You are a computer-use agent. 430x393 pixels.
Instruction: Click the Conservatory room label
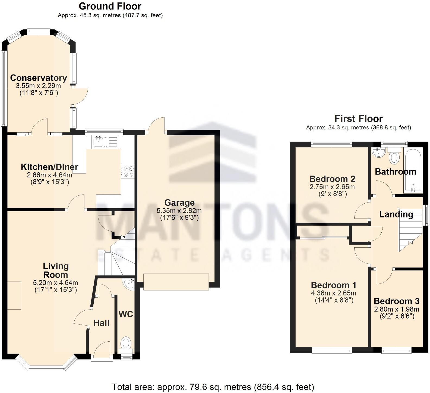point(39,78)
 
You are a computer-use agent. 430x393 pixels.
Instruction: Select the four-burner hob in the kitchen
point(128,172)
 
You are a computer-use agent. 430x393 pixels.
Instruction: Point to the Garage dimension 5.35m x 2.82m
point(179,211)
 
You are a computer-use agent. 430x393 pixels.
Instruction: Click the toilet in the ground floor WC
point(126,343)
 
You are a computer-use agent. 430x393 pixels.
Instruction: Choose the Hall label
point(101,323)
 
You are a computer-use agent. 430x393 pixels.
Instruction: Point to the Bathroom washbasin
point(378,152)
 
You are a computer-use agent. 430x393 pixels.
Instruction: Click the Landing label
point(396,214)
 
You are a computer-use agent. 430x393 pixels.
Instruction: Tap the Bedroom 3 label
point(397,301)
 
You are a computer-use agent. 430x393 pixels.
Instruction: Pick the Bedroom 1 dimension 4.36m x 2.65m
point(333,293)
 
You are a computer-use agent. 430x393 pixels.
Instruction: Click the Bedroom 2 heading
point(332,179)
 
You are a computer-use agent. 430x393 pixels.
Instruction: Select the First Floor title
point(358,119)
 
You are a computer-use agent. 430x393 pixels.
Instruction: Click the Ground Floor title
point(110,6)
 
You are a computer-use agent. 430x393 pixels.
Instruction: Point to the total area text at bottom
point(213,387)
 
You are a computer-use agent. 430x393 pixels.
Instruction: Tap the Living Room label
point(56,270)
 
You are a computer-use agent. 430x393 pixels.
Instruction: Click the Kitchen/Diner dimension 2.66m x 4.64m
point(49,175)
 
